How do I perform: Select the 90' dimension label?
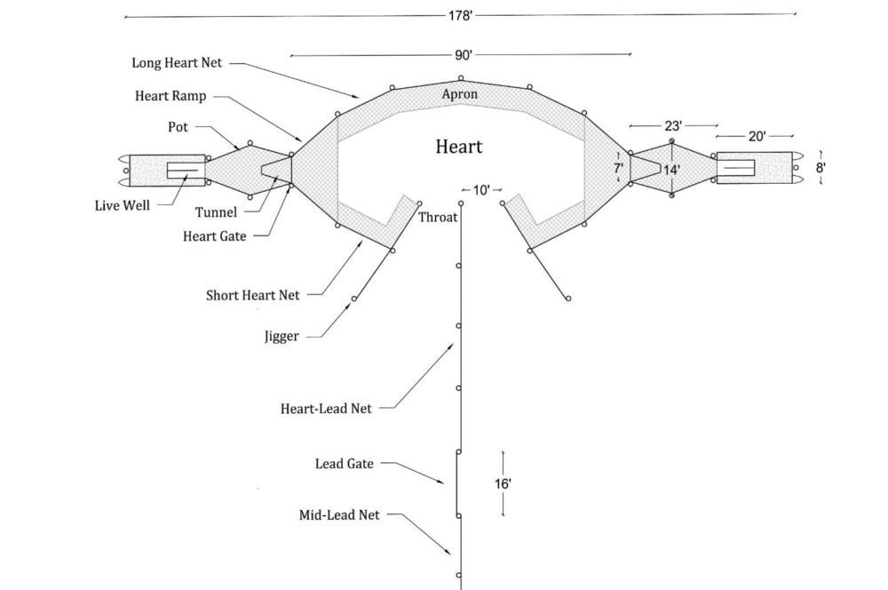pyautogui.click(x=462, y=55)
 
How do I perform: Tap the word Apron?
pyautogui.click(x=460, y=94)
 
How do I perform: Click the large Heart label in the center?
pyautogui.click(x=459, y=146)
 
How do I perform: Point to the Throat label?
pyautogui.click(x=438, y=217)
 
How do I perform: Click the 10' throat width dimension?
pyautogui.click(x=481, y=190)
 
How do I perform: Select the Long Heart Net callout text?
pyautogui.click(x=177, y=63)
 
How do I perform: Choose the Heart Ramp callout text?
pyautogui.click(x=170, y=96)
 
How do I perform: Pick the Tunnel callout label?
pyautogui.click(x=216, y=213)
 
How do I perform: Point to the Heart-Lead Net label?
pyautogui.click(x=326, y=409)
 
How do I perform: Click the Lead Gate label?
pyautogui.click(x=345, y=464)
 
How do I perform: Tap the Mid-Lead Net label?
pyautogui.click(x=339, y=514)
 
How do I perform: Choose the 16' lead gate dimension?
pyautogui.click(x=503, y=484)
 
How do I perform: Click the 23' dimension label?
pyautogui.click(x=672, y=126)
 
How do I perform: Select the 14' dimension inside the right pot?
pyautogui.click(x=672, y=169)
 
